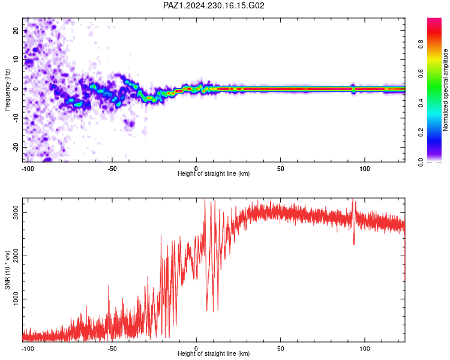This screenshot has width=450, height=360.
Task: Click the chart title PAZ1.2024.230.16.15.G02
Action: click(214, 5)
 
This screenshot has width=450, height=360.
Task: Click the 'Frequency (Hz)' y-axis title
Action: click(7, 90)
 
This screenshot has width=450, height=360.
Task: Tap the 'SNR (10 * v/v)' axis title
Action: click(7, 270)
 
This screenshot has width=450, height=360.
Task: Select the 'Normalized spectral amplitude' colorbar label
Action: click(445, 90)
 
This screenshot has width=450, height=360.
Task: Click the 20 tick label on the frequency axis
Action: click(16, 31)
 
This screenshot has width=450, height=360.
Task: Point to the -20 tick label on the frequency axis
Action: click(16, 147)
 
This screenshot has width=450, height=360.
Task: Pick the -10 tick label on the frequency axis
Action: click(16, 118)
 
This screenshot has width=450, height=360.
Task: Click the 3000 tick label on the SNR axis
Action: click(16, 213)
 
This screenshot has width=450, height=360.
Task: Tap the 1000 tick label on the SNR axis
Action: click(16, 299)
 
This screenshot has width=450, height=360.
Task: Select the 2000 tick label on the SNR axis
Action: click(16, 256)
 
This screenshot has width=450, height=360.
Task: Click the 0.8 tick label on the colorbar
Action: click(421, 44)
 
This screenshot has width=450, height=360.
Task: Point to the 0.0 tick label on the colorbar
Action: click(421, 162)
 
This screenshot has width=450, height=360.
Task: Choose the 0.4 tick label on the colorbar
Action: click(421, 103)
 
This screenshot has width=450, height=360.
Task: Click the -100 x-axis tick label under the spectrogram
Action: click(28, 169)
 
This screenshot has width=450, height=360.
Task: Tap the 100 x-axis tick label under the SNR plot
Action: click(365, 349)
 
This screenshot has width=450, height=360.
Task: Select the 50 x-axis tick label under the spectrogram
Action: click(281, 169)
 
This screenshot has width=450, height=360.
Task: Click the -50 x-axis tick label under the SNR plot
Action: click(112, 349)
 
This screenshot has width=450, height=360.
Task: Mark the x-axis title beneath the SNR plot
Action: click(214, 353)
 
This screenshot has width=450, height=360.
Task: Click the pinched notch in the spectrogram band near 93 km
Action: click(353, 89)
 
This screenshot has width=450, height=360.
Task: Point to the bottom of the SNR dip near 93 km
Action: click(354, 244)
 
